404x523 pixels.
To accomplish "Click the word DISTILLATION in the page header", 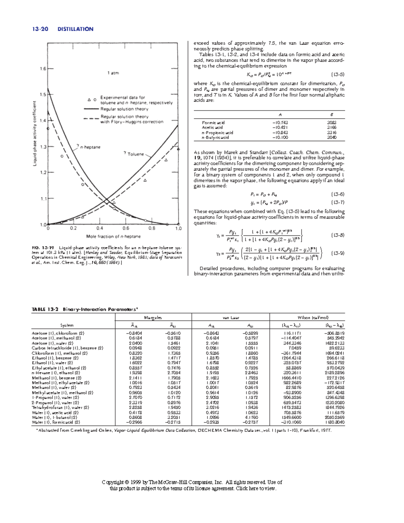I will point(75,29).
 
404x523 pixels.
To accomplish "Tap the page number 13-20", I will point(40,29).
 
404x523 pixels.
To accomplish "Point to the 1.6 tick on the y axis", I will point(43,69).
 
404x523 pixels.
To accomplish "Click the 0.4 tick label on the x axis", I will point(100,228).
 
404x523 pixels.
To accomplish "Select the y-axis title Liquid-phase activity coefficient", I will point(35,134).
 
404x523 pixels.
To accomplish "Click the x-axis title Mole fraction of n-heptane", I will point(113,236).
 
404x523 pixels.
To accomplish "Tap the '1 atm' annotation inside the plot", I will point(113,73).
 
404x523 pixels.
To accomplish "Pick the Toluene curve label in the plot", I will point(135,154).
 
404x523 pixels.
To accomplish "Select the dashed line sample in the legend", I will point(91,119).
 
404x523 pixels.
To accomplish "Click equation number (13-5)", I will point(338,74).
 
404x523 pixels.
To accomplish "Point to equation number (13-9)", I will point(338,253).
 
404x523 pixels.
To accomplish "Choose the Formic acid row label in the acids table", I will point(213,123).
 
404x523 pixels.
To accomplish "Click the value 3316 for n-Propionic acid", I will point(332,133).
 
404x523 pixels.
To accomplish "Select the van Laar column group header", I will point(231,318).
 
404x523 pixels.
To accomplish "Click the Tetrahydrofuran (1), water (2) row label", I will point(60,407).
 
